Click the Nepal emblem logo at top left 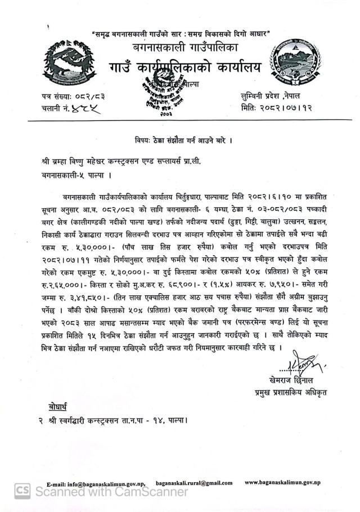click(x=66, y=62)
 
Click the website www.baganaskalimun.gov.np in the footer click(x=282, y=483)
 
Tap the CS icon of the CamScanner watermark click(x=22, y=491)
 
